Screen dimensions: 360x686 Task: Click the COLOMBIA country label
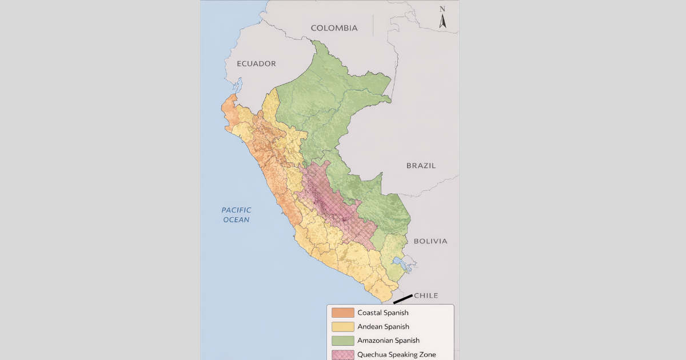tap(334, 28)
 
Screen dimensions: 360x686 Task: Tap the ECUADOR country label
tap(257, 63)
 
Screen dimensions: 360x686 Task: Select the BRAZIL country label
tap(421, 166)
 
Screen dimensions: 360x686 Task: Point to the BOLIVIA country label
tap(430, 241)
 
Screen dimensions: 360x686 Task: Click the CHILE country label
tap(426, 295)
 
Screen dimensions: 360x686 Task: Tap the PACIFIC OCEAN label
tap(236, 215)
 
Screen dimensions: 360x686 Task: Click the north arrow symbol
tap(442, 22)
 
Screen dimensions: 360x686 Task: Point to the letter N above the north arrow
tap(442, 9)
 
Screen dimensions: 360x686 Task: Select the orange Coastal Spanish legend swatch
tap(343, 313)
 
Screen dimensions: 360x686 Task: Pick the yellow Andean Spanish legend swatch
tap(343, 327)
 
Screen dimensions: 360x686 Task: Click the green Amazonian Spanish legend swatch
tap(343, 341)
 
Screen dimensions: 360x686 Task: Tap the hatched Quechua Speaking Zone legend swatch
tap(343, 354)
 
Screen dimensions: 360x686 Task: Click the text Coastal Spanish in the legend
tap(382, 313)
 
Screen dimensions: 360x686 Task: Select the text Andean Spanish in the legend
tap(383, 327)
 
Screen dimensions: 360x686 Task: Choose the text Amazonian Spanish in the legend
tap(388, 341)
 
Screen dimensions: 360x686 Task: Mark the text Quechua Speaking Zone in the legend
tap(396, 354)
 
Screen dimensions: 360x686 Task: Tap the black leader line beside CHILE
tap(402, 299)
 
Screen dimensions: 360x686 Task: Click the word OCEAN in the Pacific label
tap(236, 220)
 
